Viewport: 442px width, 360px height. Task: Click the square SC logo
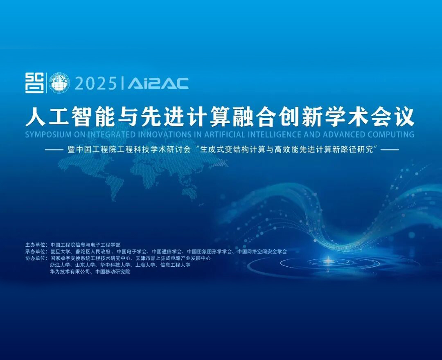[34, 83]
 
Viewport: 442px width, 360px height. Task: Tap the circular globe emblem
[59, 83]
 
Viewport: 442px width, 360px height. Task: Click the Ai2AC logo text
[158, 83]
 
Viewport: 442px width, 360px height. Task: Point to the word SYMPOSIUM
[45, 135]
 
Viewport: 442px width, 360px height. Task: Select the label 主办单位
[36, 245]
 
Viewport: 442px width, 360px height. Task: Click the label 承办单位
[36, 252]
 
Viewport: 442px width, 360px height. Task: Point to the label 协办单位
[36, 258]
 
